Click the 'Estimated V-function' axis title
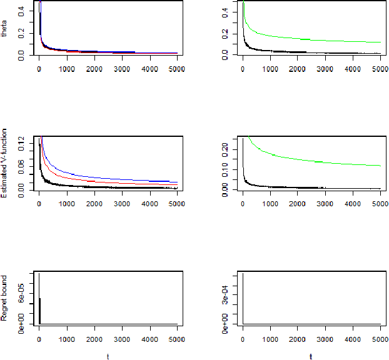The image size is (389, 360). tap(6, 164)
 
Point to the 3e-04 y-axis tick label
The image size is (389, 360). tap(225, 291)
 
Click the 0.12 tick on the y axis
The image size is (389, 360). tap(21, 146)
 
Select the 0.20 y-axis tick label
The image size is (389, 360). tap(225, 149)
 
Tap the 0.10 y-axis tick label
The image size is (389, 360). tap(225, 169)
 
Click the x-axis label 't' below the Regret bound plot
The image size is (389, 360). tap(108, 356)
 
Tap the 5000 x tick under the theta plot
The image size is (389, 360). tap(177, 69)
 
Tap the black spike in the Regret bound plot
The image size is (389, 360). tap(39, 300)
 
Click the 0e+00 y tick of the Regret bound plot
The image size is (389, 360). tap(21, 324)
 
